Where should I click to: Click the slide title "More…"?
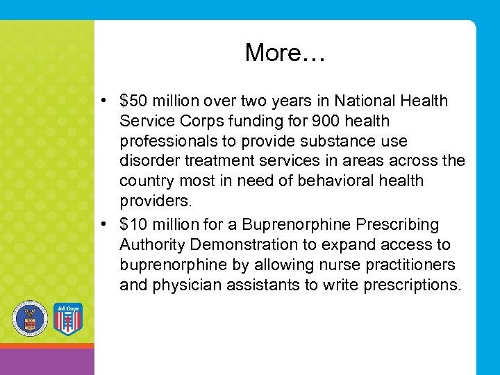pyautogui.click(x=285, y=53)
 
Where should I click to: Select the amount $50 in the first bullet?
pyautogui.click(x=135, y=101)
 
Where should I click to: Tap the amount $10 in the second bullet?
pyautogui.click(x=135, y=225)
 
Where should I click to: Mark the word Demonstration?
pyautogui.click(x=240, y=245)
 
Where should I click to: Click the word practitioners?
pyautogui.click(x=413, y=265)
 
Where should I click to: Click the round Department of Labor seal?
pyautogui.click(x=30, y=319)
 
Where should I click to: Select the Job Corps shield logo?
pyautogui.click(x=67, y=319)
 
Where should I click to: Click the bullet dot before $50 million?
pyautogui.click(x=102, y=101)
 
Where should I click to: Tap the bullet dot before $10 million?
pyautogui.click(x=102, y=225)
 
